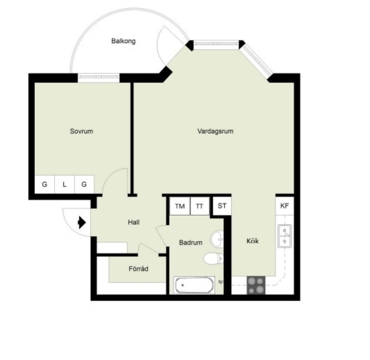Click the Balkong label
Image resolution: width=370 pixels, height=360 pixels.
click(123, 41)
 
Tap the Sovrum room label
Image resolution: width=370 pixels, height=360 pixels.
click(82, 131)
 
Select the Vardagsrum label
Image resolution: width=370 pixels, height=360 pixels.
click(215, 131)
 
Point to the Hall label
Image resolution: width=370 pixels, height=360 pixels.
click(134, 222)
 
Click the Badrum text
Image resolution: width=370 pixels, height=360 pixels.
click(191, 242)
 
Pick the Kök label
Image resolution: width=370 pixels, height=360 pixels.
click(252, 241)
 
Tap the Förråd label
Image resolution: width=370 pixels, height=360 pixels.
click(139, 269)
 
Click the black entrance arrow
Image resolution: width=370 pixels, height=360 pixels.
click(82, 222)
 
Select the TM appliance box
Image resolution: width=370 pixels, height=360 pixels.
click(180, 206)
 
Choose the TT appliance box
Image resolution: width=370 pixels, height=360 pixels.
click(200, 206)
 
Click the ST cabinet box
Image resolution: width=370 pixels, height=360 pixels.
click(222, 206)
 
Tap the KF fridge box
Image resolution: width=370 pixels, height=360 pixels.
click(285, 206)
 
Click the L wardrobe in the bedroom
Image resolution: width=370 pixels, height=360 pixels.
click(65, 184)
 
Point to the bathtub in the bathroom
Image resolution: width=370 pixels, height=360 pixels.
click(194, 285)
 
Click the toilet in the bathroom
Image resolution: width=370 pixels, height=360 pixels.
click(213, 258)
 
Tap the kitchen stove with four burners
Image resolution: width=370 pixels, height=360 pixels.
click(256, 285)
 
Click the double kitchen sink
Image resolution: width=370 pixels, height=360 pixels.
click(285, 236)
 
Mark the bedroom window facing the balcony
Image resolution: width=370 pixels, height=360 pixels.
click(99, 77)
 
